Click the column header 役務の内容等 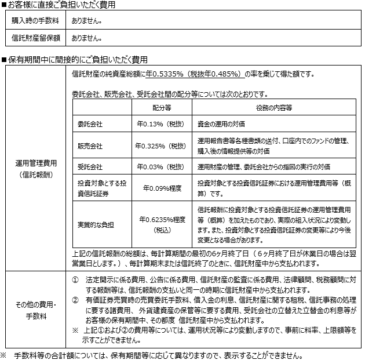pos(273,107)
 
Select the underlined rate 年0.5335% pos(165,74)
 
